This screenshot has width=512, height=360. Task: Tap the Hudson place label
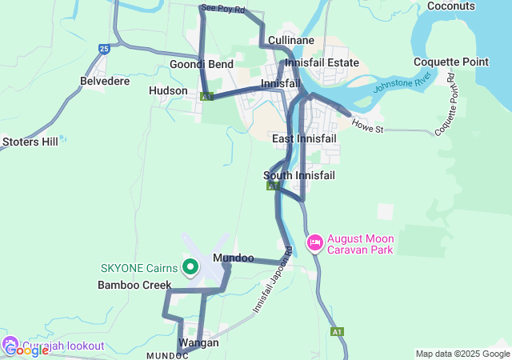click(x=168, y=91)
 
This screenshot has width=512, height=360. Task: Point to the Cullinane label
click(x=291, y=40)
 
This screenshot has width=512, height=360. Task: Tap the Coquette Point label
click(x=451, y=62)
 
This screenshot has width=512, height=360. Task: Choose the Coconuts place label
click(x=451, y=6)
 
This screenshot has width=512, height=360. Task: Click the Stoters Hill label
click(x=30, y=142)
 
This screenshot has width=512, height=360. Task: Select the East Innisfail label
click(x=304, y=139)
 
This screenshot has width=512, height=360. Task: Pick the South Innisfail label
click(x=298, y=175)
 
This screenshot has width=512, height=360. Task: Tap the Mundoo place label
click(x=234, y=258)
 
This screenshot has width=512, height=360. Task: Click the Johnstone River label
click(x=403, y=82)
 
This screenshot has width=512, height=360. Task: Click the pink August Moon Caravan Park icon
click(x=315, y=241)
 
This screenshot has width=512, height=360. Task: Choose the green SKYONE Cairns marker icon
click(x=190, y=267)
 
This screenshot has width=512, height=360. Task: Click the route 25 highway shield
click(x=104, y=50)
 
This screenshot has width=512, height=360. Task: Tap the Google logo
click(x=26, y=350)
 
